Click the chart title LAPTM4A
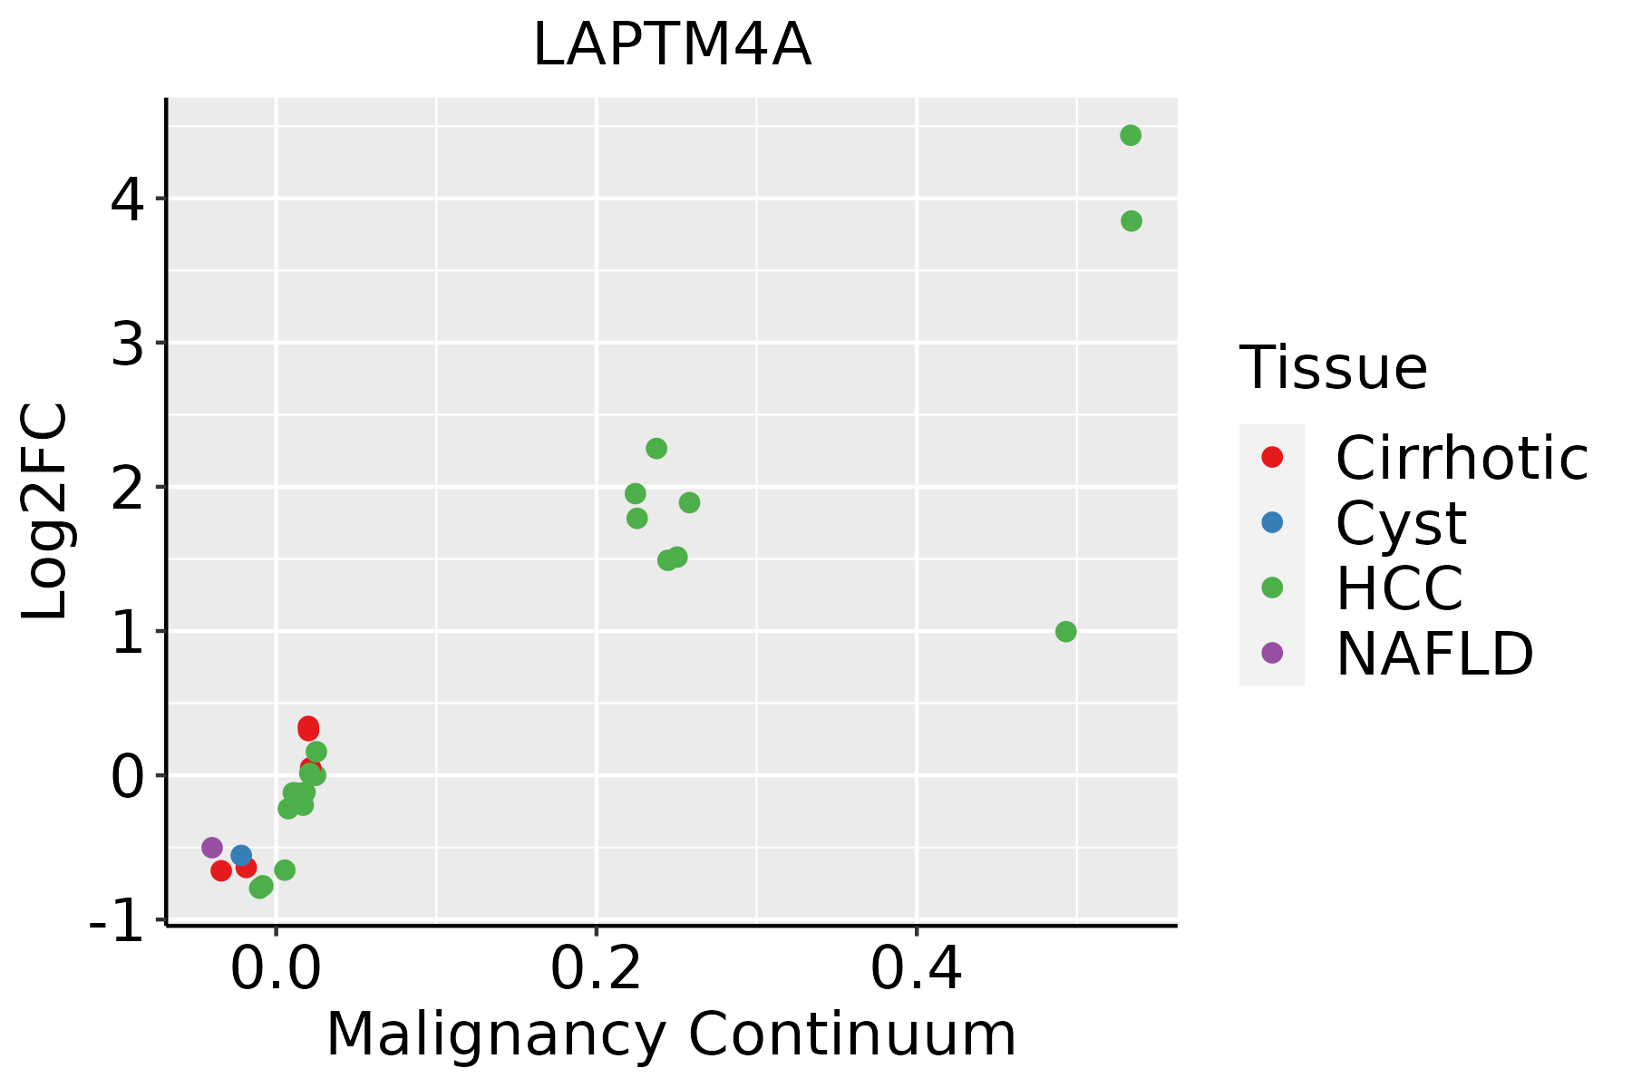click(x=672, y=45)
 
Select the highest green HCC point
click(x=1130, y=136)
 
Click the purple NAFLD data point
click(x=212, y=848)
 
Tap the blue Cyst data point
click(x=241, y=855)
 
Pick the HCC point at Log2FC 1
click(x=1066, y=632)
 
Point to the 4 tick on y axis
click(x=127, y=200)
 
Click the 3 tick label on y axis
click(x=127, y=345)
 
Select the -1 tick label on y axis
click(x=116, y=922)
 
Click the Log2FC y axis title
click(x=45, y=512)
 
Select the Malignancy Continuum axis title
click(x=671, y=1035)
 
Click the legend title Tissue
click(x=1333, y=368)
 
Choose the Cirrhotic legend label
click(x=1462, y=459)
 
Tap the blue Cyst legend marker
click(x=1272, y=522)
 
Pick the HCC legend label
click(x=1399, y=588)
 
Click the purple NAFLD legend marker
click(x=1272, y=653)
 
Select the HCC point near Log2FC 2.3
click(x=656, y=449)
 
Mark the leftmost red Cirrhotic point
click(x=221, y=871)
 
